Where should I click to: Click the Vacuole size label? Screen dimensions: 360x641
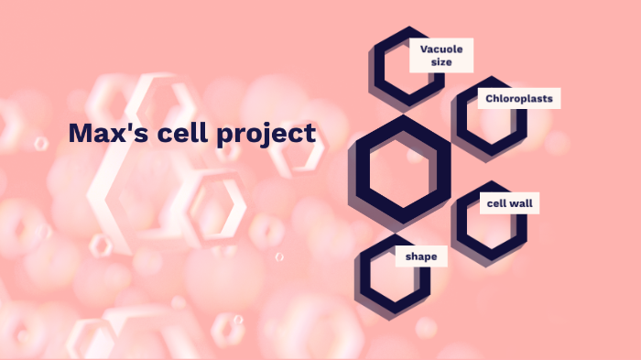[x=441, y=55]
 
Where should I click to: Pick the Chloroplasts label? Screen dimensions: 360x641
[x=518, y=98]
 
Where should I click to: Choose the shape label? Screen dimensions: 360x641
[x=421, y=256]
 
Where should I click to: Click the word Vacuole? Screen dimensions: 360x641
[x=441, y=49]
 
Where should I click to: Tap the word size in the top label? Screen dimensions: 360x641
[x=442, y=62]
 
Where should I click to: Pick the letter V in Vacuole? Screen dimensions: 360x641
[x=424, y=49]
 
